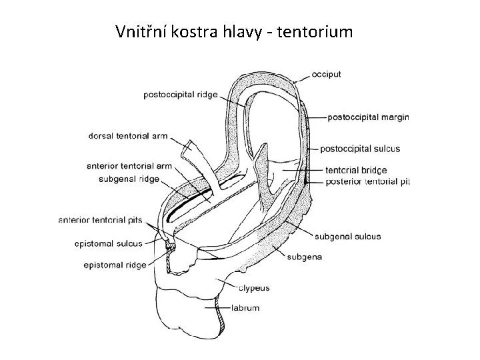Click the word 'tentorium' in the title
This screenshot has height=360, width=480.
pyautogui.click(x=312, y=31)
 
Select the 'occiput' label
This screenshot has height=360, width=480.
pyautogui.click(x=325, y=75)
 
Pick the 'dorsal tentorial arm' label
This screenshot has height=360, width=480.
pyautogui.click(x=127, y=136)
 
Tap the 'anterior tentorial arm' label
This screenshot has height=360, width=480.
pyautogui.click(x=129, y=165)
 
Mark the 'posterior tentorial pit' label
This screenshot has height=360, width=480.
pyautogui.click(x=368, y=181)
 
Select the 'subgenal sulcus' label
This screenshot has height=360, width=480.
pyautogui.click(x=347, y=236)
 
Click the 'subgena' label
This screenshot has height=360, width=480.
pyautogui.click(x=305, y=256)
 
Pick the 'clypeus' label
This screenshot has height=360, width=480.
pyautogui.click(x=255, y=288)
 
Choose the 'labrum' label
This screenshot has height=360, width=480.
pyautogui.click(x=246, y=308)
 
